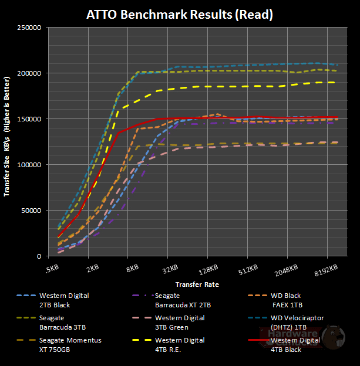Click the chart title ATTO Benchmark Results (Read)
(180, 13)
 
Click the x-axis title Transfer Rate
(197, 284)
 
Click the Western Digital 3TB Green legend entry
(179, 322)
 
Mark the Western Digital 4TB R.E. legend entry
(179, 344)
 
